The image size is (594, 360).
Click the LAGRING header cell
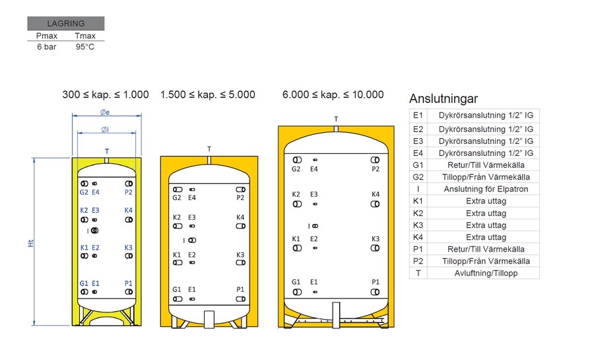coord(65,23)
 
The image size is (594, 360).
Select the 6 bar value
coord(46,47)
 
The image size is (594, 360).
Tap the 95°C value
coord(85,47)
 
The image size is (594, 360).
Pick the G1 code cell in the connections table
coord(418,165)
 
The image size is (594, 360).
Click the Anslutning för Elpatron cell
coord(486,189)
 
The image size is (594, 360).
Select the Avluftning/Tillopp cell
coord(486,273)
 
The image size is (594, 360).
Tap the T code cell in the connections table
coord(418,273)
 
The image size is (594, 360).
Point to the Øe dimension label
coord(105,112)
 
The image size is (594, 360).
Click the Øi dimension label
coord(105,129)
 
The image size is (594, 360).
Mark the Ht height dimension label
coord(30,242)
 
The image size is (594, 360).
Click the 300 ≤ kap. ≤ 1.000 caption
coord(106,94)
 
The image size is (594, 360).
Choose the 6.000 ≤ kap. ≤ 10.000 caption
coord(333,94)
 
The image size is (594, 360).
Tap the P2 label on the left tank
coord(129,192)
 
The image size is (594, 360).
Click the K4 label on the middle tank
coord(240,217)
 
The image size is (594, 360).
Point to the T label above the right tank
coord(337,120)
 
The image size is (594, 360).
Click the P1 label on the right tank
coord(376,282)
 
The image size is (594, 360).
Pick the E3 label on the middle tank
coord(191,217)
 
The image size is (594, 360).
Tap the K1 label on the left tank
coord(84,248)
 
